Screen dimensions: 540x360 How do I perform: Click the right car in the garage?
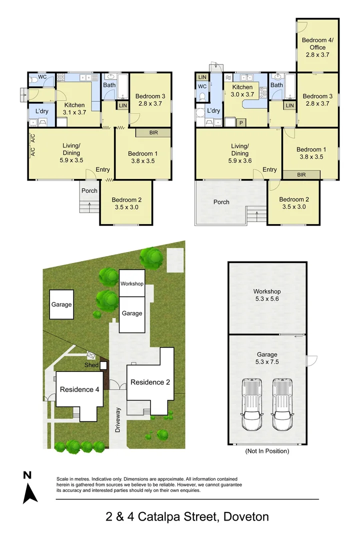(x=282, y=404)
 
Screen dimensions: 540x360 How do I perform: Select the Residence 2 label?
(x=150, y=382)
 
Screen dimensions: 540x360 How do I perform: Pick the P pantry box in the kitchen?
(x=240, y=122)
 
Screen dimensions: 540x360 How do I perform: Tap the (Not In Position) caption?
(x=266, y=451)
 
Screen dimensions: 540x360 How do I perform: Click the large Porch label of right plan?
(x=221, y=202)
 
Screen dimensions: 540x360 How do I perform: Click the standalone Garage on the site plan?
(x=61, y=304)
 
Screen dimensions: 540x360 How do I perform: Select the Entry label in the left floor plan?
(x=103, y=170)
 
